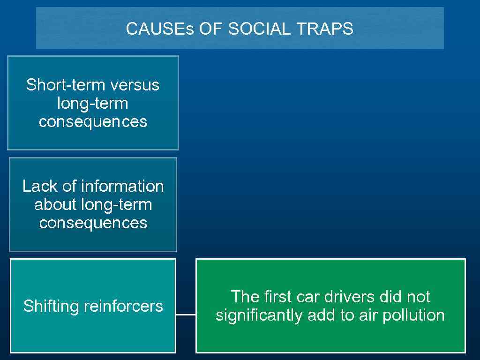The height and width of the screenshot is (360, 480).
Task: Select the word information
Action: [x=122, y=186]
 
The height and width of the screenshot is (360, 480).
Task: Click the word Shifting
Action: [x=52, y=306]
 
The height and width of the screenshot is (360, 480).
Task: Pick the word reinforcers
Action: [x=124, y=306]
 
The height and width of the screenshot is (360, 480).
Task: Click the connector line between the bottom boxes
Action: [x=186, y=315]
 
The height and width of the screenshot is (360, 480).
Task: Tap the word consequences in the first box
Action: [x=93, y=121]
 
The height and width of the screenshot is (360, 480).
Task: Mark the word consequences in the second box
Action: [x=93, y=223]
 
